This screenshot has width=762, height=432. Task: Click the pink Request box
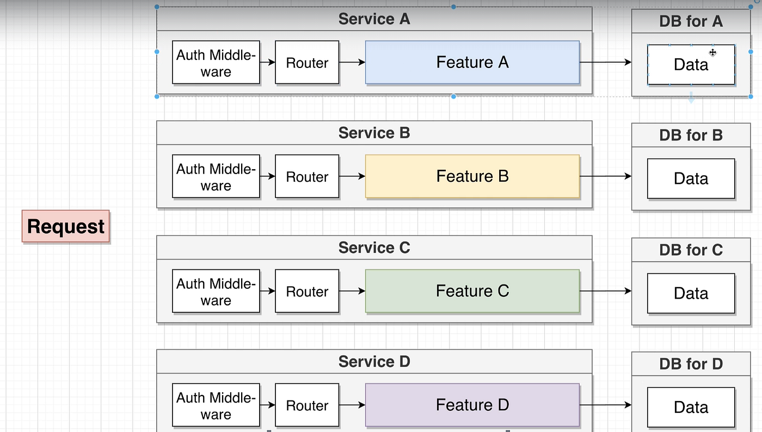66,226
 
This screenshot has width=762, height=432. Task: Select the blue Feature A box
472,63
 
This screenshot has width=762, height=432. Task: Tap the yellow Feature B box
472,176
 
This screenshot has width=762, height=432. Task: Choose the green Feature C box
472,291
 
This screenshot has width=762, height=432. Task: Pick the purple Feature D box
472,405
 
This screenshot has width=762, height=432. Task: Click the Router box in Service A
307,63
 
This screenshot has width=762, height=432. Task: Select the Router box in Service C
307,291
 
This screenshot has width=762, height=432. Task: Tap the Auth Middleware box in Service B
216,176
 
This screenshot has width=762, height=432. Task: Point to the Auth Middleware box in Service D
216,405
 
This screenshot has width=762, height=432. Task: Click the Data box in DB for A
691,65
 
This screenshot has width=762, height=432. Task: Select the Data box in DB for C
691,293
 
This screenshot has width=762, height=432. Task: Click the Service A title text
374,19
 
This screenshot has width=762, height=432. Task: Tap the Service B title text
374,133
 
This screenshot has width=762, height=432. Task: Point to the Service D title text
374,361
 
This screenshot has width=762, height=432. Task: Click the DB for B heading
691,135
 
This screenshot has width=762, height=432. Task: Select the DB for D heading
691,363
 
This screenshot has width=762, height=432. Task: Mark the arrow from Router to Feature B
352,176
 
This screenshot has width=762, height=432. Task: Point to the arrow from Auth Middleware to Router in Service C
267,291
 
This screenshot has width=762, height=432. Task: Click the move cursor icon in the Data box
712,52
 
